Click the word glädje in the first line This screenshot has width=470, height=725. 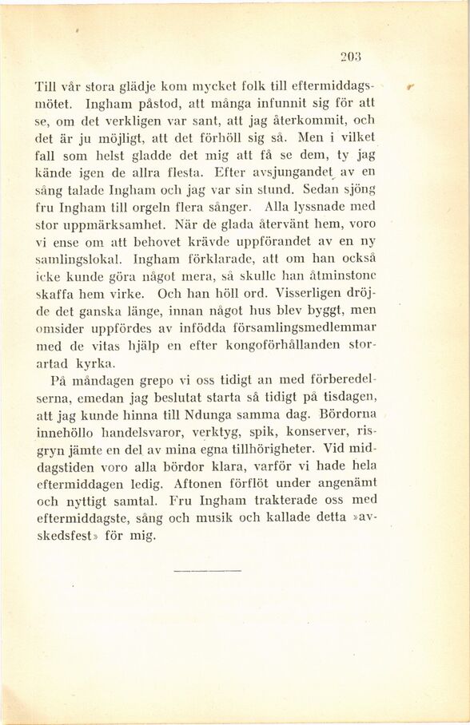114,85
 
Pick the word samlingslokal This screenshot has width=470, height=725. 79,259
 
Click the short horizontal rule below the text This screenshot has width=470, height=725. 206,571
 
